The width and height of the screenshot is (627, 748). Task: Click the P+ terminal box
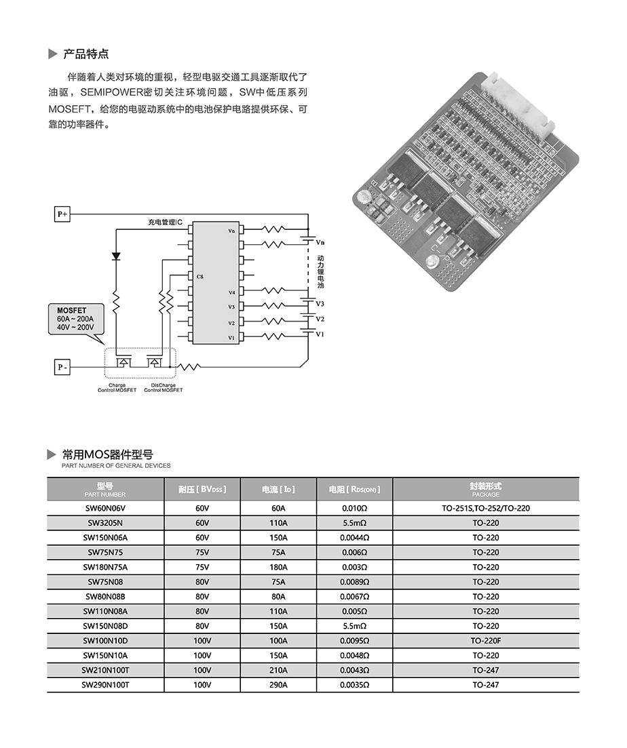click(62, 214)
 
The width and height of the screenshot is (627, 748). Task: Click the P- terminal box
click(62, 368)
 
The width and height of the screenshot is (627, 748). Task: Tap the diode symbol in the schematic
click(116, 256)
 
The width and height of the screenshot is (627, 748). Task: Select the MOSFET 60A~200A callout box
click(75, 319)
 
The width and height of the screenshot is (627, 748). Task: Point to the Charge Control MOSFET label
click(117, 387)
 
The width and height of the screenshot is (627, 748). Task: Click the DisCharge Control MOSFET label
click(163, 387)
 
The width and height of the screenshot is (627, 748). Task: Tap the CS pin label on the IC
click(199, 277)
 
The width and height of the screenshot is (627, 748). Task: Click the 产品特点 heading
click(85, 54)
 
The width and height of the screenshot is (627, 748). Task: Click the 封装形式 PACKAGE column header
click(485, 489)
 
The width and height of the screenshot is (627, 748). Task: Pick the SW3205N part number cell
click(105, 523)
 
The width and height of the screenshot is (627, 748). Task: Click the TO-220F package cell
click(485, 641)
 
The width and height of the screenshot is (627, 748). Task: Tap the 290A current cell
click(278, 685)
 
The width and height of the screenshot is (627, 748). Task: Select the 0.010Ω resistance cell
click(354, 508)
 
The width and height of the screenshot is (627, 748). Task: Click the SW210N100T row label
click(105, 670)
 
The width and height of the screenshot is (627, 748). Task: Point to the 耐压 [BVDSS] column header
click(202, 489)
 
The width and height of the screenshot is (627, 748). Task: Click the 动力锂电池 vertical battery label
click(320, 272)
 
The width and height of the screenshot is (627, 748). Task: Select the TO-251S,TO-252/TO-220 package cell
click(485, 508)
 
